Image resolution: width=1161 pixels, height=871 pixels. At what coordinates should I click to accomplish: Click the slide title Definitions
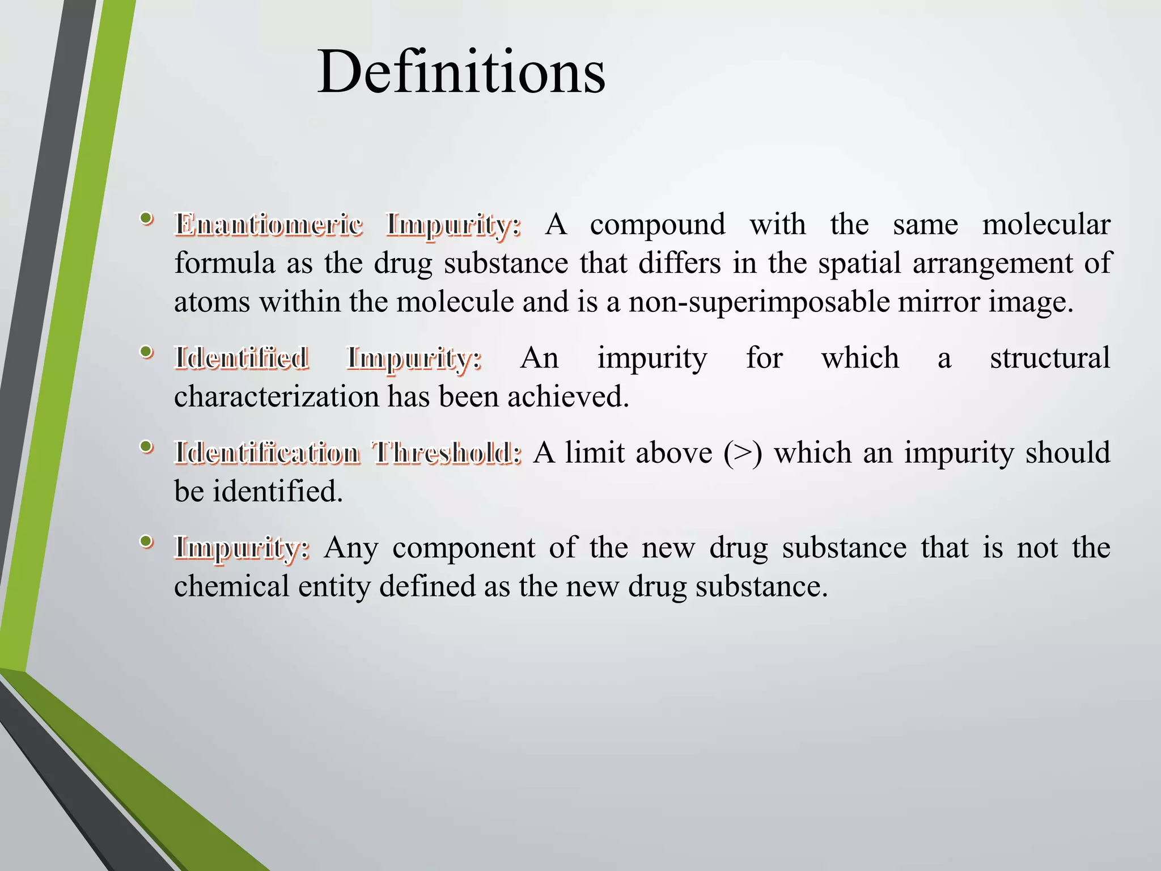tap(461, 73)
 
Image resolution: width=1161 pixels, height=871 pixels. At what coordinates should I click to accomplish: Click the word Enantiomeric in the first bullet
tap(269, 225)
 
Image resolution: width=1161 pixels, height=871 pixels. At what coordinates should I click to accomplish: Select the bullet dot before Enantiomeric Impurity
tap(146, 218)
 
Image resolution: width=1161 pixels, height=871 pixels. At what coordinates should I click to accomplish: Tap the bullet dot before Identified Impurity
tap(146, 352)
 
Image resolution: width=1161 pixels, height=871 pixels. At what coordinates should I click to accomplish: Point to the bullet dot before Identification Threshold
tap(146, 447)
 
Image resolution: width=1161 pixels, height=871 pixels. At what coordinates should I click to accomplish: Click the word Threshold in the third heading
tap(447, 453)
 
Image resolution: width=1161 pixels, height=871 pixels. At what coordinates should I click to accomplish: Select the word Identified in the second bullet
tap(241, 358)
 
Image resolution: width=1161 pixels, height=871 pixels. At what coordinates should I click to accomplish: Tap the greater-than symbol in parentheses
tap(743, 453)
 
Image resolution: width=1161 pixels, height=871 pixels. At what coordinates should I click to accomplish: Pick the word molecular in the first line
tap(1046, 225)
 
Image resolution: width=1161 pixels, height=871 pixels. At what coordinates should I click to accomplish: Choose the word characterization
tap(276, 396)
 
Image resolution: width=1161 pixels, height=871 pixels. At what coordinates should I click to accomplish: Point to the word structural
tap(1050, 358)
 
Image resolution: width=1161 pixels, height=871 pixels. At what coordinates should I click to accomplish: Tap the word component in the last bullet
tap(464, 548)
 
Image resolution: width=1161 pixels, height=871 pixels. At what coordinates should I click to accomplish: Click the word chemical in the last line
tap(231, 586)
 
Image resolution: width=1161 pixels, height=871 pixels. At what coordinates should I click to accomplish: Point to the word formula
tap(224, 263)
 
